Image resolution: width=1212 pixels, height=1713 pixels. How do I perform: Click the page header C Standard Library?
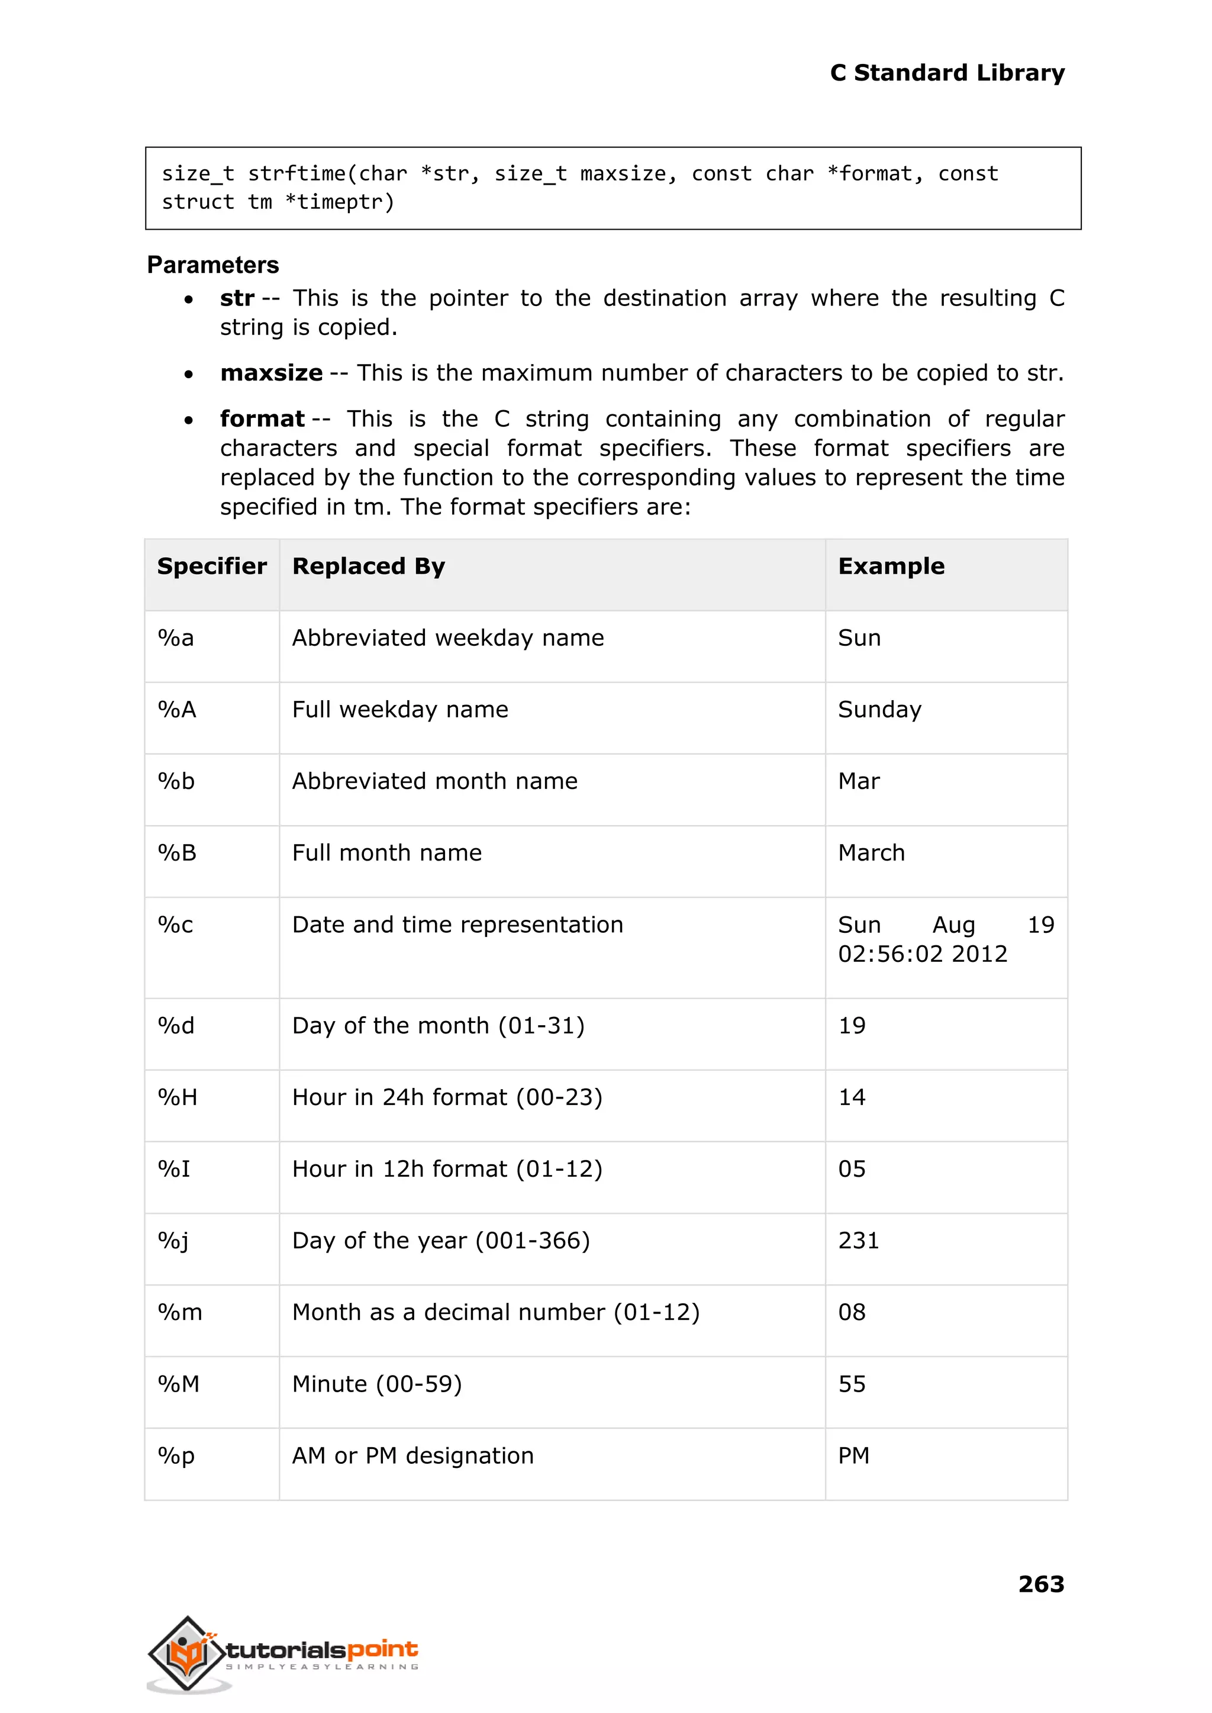pos(946,73)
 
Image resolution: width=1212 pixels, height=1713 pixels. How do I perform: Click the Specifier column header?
pos(212,566)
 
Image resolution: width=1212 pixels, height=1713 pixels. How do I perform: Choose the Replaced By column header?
pos(369,566)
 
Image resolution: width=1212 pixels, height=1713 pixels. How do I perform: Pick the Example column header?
pos(891,566)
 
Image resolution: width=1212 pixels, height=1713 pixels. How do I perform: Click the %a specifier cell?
pos(176,638)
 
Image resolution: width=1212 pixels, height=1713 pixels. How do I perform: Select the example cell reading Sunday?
pos(879,709)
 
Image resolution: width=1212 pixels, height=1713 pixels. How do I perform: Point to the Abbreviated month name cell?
pos(434,781)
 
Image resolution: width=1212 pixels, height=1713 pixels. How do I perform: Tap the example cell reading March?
pos(871,853)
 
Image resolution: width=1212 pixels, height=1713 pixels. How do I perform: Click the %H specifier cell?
pos(178,1097)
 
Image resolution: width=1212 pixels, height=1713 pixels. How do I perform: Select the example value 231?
pos(858,1241)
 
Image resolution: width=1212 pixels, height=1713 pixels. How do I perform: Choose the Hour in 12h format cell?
pos(446,1169)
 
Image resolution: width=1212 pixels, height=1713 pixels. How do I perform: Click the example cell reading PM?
pos(854,1456)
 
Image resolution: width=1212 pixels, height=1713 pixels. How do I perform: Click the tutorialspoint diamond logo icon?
pos(186,1654)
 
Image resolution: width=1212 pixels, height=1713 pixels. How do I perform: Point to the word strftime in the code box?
pos(297,174)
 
